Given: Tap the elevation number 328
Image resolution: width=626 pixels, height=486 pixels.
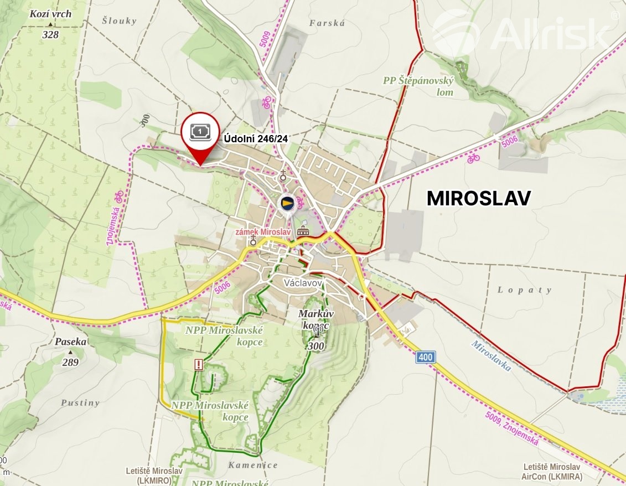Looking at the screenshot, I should point(50,34).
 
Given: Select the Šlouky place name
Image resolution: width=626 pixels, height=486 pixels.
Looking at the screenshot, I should point(119,21).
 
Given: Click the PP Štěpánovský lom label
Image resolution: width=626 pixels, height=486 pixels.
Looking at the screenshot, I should point(418,86).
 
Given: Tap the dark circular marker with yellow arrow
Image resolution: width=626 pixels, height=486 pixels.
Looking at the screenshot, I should point(286,203).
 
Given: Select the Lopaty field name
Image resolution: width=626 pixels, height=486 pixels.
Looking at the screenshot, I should point(524,290).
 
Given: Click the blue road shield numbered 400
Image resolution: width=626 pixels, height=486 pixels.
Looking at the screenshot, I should point(425,357).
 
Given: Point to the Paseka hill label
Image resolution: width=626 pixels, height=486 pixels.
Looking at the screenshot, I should point(70,342).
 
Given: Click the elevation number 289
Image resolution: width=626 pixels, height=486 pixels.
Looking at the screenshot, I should point(70,363).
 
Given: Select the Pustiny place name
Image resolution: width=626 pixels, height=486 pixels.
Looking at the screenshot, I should point(81,403).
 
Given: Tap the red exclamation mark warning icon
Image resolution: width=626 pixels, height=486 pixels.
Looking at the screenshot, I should point(199,364).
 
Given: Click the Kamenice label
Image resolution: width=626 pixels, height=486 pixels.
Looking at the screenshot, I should point(253,466).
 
